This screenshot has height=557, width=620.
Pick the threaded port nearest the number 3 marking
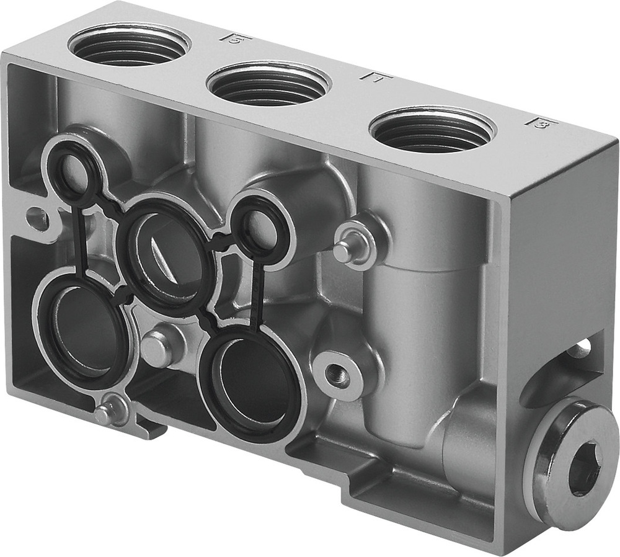tap(432, 131)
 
